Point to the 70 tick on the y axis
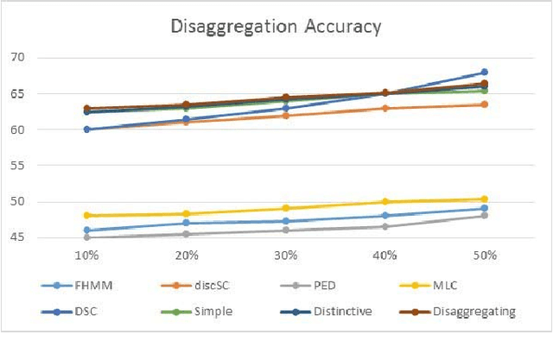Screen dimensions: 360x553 tap(67, 58)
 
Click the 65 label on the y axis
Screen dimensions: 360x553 tap(67, 93)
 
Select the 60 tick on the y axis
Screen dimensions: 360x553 tap(67, 129)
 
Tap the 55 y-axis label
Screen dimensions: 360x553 tap(67, 166)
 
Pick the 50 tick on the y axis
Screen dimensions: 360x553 tap(67, 201)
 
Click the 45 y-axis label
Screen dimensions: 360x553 tap(67, 237)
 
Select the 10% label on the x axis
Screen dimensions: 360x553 tap(88, 256)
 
